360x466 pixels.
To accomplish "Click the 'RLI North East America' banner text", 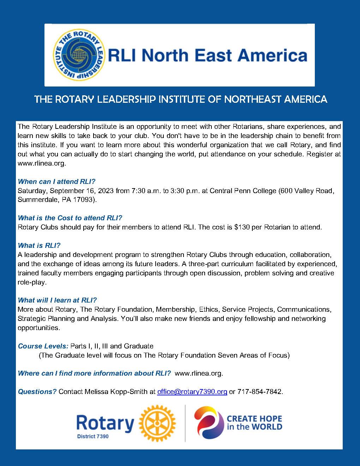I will click(x=207, y=55).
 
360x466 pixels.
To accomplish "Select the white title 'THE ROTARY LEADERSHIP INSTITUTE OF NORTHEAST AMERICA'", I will click(x=180, y=100).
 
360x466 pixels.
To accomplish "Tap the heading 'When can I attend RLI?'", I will click(x=56, y=182).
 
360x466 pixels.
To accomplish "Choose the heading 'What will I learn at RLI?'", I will click(x=57, y=300).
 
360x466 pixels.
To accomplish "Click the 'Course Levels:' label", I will click(x=43, y=346).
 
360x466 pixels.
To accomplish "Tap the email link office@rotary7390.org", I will click(x=192, y=392).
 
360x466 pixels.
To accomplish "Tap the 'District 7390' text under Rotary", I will click(x=92, y=436).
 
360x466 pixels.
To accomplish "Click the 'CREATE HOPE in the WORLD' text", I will click(x=254, y=423).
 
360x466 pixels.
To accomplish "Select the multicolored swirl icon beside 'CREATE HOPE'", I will click(x=209, y=423).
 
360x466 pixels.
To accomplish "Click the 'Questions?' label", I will click(x=37, y=392).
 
